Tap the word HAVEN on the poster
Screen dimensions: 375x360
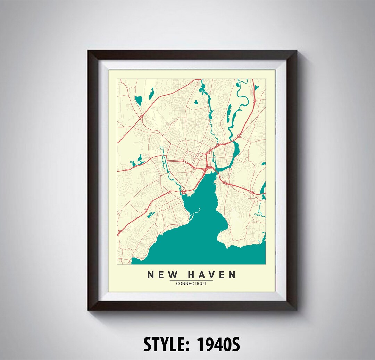click(x=211, y=275)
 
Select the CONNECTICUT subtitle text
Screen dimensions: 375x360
click(x=191, y=284)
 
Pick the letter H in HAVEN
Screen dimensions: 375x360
click(x=191, y=275)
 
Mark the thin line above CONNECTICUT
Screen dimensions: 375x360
click(x=191, y=280)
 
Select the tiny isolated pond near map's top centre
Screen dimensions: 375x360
click(x=195, y=102)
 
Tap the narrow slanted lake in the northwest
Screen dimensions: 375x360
click(x=151, y=93)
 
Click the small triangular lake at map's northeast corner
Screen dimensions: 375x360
click(x=256, y=87)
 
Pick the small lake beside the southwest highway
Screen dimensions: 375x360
click(x=150, y=215)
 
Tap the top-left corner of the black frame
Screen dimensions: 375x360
click(x=89, y=51)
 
